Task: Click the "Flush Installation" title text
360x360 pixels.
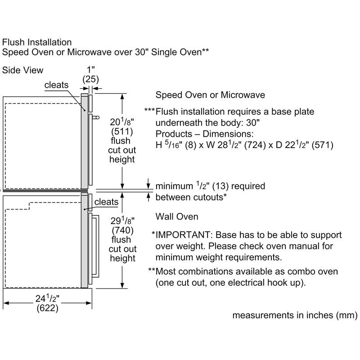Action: click(x=37, y=42)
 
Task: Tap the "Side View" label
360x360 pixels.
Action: click(x=23, y=70)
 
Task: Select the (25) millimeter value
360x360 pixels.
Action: click(x=90, y=79)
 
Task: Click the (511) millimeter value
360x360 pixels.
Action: click(x=122, y=132)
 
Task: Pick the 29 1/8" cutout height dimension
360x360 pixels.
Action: click(x=122, y=221)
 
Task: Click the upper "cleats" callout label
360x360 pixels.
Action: click(x=57, y=85)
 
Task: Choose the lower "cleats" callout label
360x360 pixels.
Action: click(x=107, y=202)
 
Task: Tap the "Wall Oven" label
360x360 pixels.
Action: click(x=177, y=217)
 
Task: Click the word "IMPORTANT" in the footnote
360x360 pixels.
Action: click(x=184, y=235)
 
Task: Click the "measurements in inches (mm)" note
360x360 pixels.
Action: click(x=295, y=315)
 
